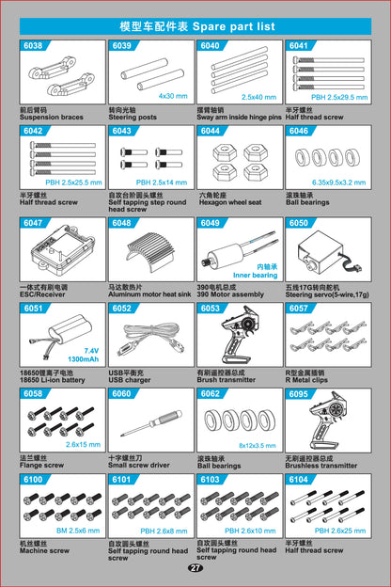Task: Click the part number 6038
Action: pos(32,45)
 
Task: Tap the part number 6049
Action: pos(210,223)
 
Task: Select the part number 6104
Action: pos(297,479)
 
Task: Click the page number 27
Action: pos(195,567)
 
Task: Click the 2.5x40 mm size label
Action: pos(258,97)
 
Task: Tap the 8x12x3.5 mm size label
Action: pos(257,445)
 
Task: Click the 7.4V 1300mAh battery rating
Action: pos(83,355)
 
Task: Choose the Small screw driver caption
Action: pos(139,465)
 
